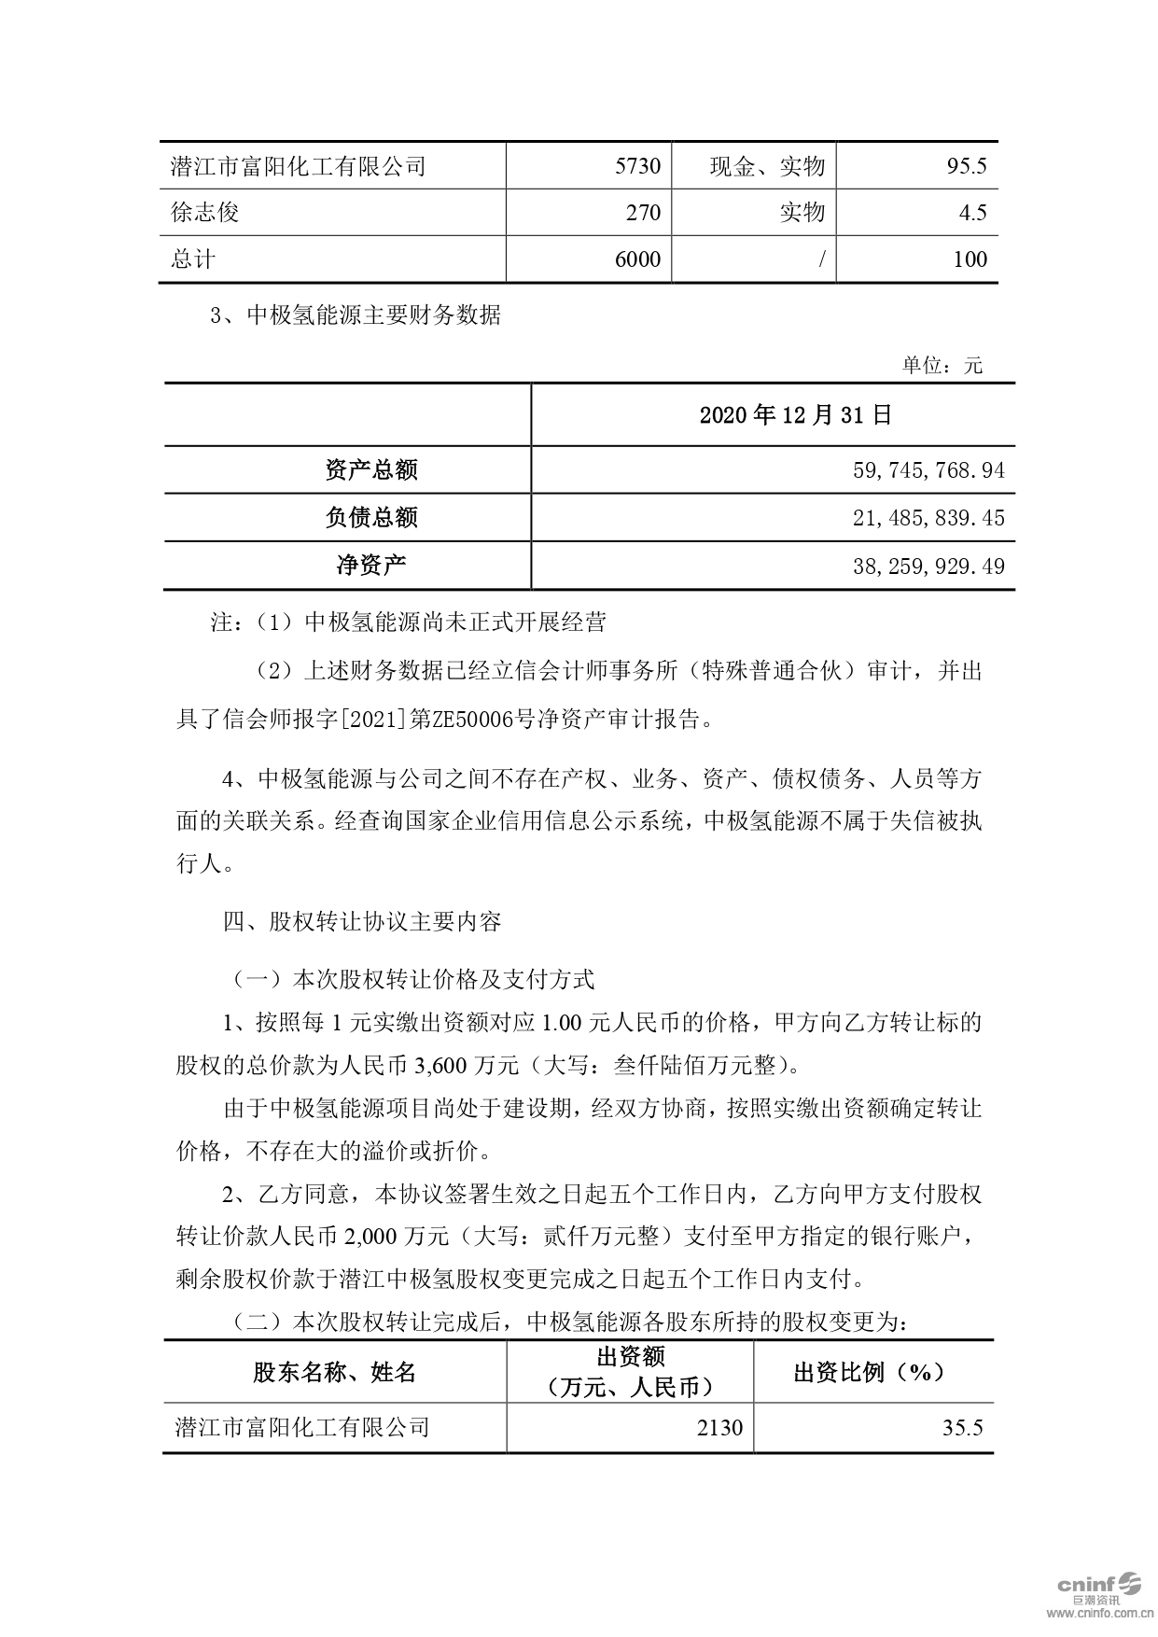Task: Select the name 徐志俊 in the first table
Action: click(x=205, y=213)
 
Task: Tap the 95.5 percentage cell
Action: click(x=966, y=166)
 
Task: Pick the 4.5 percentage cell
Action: click(x=972, y=213)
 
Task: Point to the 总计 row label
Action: click(x=193, y=259)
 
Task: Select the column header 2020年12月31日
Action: click(x=796, y=414)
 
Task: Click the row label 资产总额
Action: click(x=370, y=469)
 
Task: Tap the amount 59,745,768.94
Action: click(x=928, y=469)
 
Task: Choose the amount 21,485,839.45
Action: click(x=928, y=517)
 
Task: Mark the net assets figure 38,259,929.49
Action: click(x=928, y=566)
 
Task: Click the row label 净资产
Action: click(x=370, y=566)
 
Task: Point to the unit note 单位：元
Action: click(x=942, y=365)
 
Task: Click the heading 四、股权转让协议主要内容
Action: click(x=363, y=922)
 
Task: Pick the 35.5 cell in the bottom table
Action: click(x=962, y=1427)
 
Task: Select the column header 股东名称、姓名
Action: click(x=335, y=1372)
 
